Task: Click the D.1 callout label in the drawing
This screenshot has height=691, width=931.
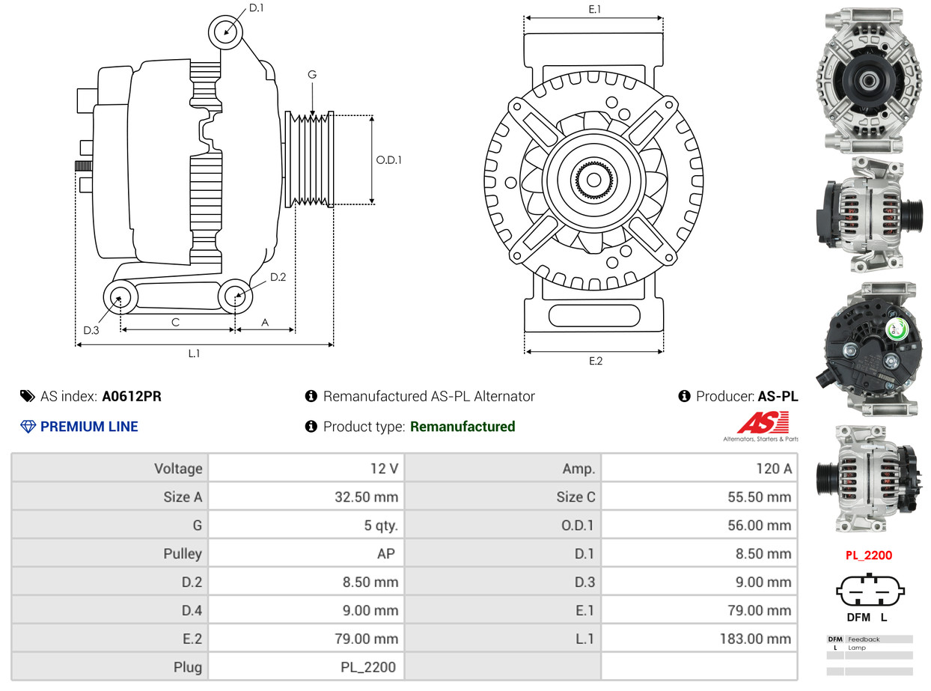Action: [256, 8]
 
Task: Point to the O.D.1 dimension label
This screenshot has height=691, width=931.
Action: [388, 159]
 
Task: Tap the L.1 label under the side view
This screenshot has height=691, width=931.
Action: [194, 353]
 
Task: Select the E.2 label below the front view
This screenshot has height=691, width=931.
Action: [595, 361]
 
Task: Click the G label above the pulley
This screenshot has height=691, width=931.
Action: [312, 75]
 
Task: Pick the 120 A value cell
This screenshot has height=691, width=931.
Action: [774, 469]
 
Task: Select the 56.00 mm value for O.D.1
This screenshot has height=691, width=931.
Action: [759, 526]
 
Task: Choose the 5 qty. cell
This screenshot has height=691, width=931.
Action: [381, 526]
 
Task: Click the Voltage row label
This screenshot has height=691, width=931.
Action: [178, 469]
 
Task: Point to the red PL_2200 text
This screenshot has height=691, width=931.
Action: [869, 555]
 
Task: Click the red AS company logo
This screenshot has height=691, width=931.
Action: [762, 424]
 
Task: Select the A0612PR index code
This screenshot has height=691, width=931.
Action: [132, 396]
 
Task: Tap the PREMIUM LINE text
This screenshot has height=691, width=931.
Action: [89, 427]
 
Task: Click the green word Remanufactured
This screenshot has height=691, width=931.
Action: [463, 427]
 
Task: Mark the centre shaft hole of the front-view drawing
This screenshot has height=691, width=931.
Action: [593, 180]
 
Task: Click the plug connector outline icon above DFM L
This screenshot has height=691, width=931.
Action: [869, 590]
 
